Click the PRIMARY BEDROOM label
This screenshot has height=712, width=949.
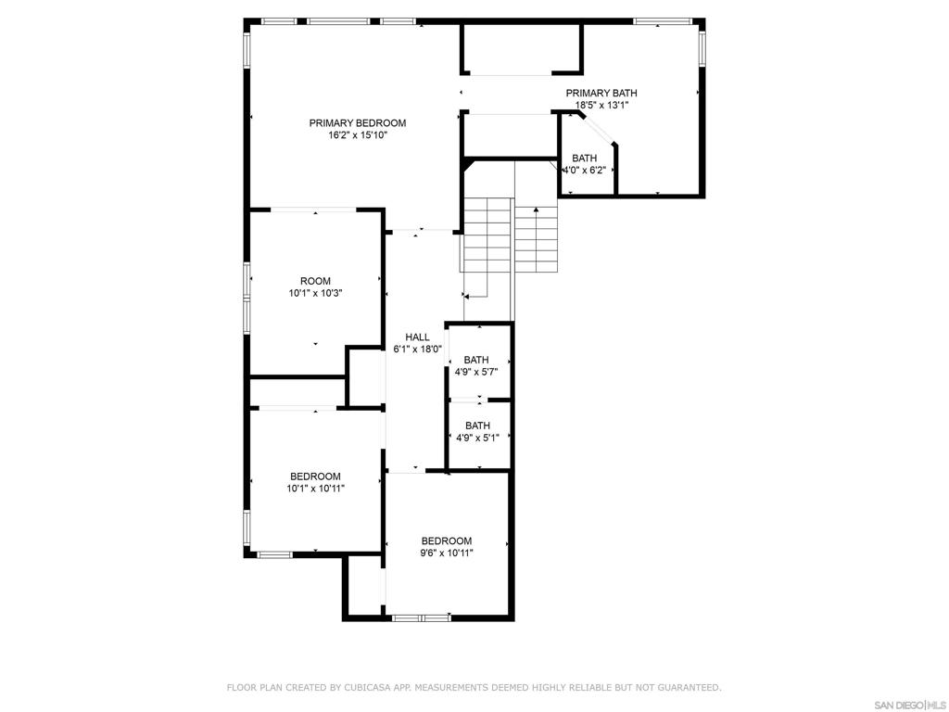coord(357,122)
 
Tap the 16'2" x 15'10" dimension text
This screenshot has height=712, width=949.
coord(357,135)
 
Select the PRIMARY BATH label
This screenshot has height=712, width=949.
coord(601,93)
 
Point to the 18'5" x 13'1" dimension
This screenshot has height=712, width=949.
coord(601,106)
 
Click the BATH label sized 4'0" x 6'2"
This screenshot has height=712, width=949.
coord(584,159)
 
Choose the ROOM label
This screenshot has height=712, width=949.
coord(315,281)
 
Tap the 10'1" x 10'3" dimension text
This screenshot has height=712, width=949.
coord(315,294)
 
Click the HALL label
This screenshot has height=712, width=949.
coord(417,337)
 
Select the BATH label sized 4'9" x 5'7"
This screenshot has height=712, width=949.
coord(476,360)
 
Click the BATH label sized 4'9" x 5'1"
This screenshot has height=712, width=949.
coord(477,426)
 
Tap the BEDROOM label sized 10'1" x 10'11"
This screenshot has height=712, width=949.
coord(315,477)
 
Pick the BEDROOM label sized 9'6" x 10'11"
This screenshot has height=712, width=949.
coord(447,541)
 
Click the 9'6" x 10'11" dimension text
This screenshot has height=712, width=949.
coord(447,553)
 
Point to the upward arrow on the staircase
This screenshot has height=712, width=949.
coord(537,211)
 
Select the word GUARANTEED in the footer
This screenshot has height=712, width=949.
coord(689,688)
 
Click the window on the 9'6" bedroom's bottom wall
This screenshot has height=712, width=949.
coord(421,617)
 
